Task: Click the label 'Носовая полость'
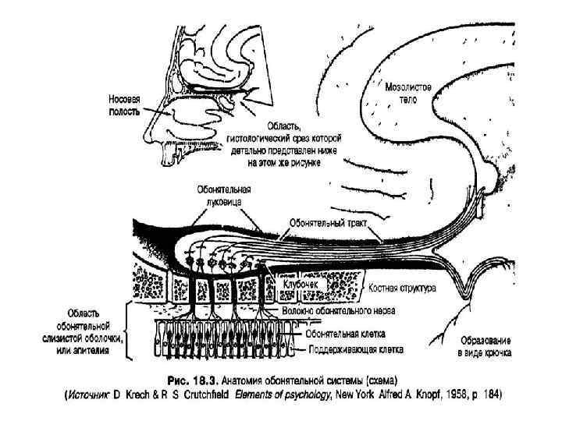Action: pos(125,106)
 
